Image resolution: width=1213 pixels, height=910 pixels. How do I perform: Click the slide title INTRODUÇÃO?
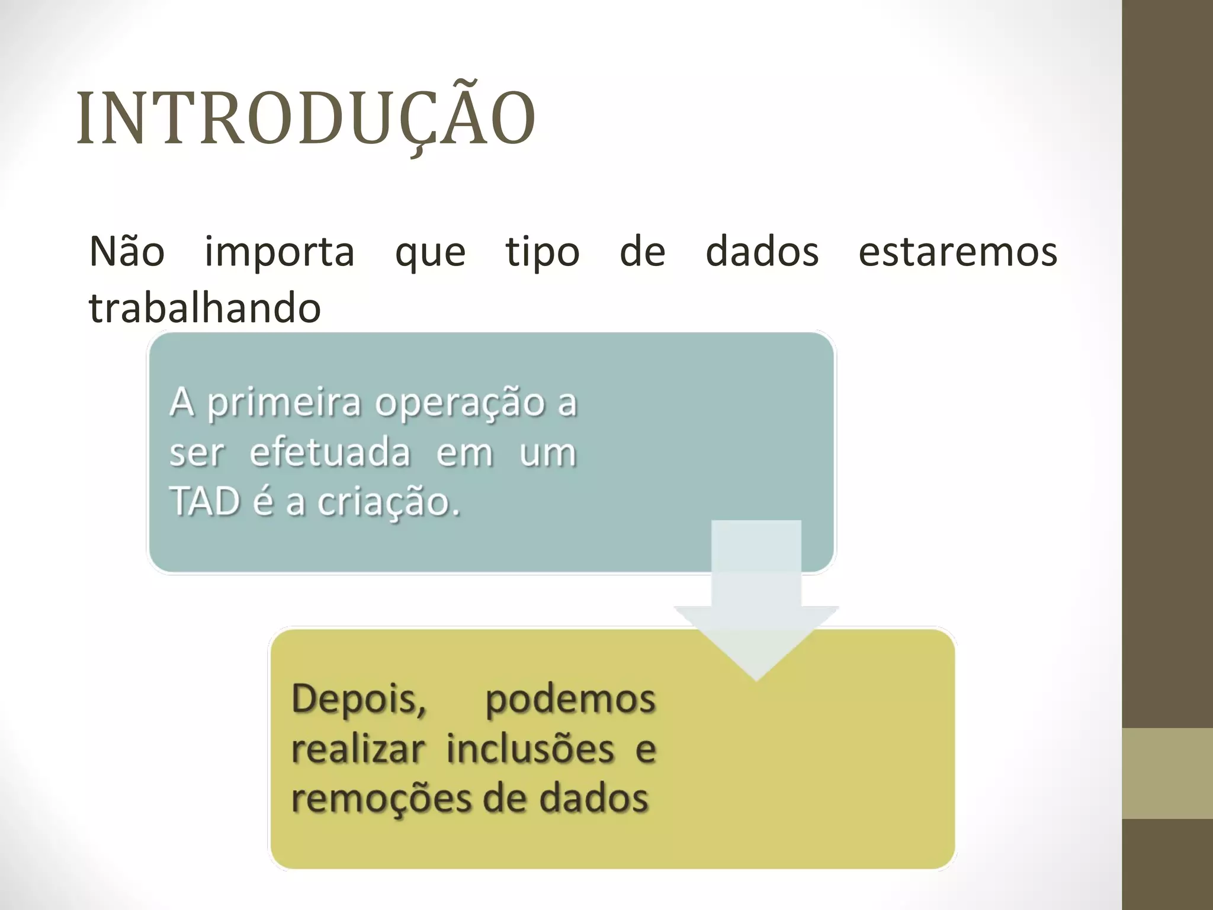click(306, 118)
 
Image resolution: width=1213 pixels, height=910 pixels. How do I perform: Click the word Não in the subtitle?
click(127, 252)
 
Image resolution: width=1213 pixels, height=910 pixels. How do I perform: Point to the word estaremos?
click(958, 252)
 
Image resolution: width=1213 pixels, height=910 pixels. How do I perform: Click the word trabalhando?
click(205, 308)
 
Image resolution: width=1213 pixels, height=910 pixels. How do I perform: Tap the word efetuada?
click(330, 453)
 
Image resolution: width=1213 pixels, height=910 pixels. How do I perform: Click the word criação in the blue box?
click(388, 503)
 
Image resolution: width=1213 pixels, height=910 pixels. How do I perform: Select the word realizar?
click(358, 749)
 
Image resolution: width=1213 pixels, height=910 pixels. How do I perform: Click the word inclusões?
click(530, 749)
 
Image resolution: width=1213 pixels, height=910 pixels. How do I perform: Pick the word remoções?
click(382, 799)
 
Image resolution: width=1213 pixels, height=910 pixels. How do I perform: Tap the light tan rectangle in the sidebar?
click(1167, 773)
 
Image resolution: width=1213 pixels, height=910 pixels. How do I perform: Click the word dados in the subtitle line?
click(762, 252)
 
